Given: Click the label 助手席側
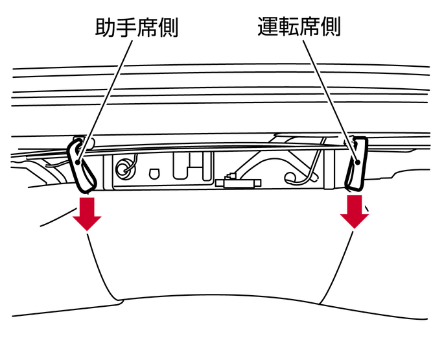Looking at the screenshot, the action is [137, 27].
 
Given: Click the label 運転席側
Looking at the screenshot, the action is [299, 27].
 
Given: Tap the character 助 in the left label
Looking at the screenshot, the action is [106, 27].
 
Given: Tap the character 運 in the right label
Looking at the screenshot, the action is [268, 27].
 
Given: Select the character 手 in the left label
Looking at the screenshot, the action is [126, 27].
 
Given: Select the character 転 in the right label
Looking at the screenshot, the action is [288, 27].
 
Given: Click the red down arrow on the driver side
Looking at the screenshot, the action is [355, 211].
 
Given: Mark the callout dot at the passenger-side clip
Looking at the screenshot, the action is [78, 162].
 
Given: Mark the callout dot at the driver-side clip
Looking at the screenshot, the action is [357, 162].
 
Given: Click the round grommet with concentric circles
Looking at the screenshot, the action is [124, 168].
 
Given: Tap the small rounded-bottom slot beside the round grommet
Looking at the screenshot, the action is [153, 174].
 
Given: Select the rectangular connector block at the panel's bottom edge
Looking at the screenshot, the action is [238, 183].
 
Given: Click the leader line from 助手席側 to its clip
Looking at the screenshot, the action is [105, 101].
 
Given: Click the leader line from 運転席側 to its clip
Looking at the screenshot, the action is [331, 101].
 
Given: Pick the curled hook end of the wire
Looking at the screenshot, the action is [289, 178].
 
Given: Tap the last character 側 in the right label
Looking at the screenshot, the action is [331, 27].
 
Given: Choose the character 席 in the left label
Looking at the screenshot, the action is [147, 27].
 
